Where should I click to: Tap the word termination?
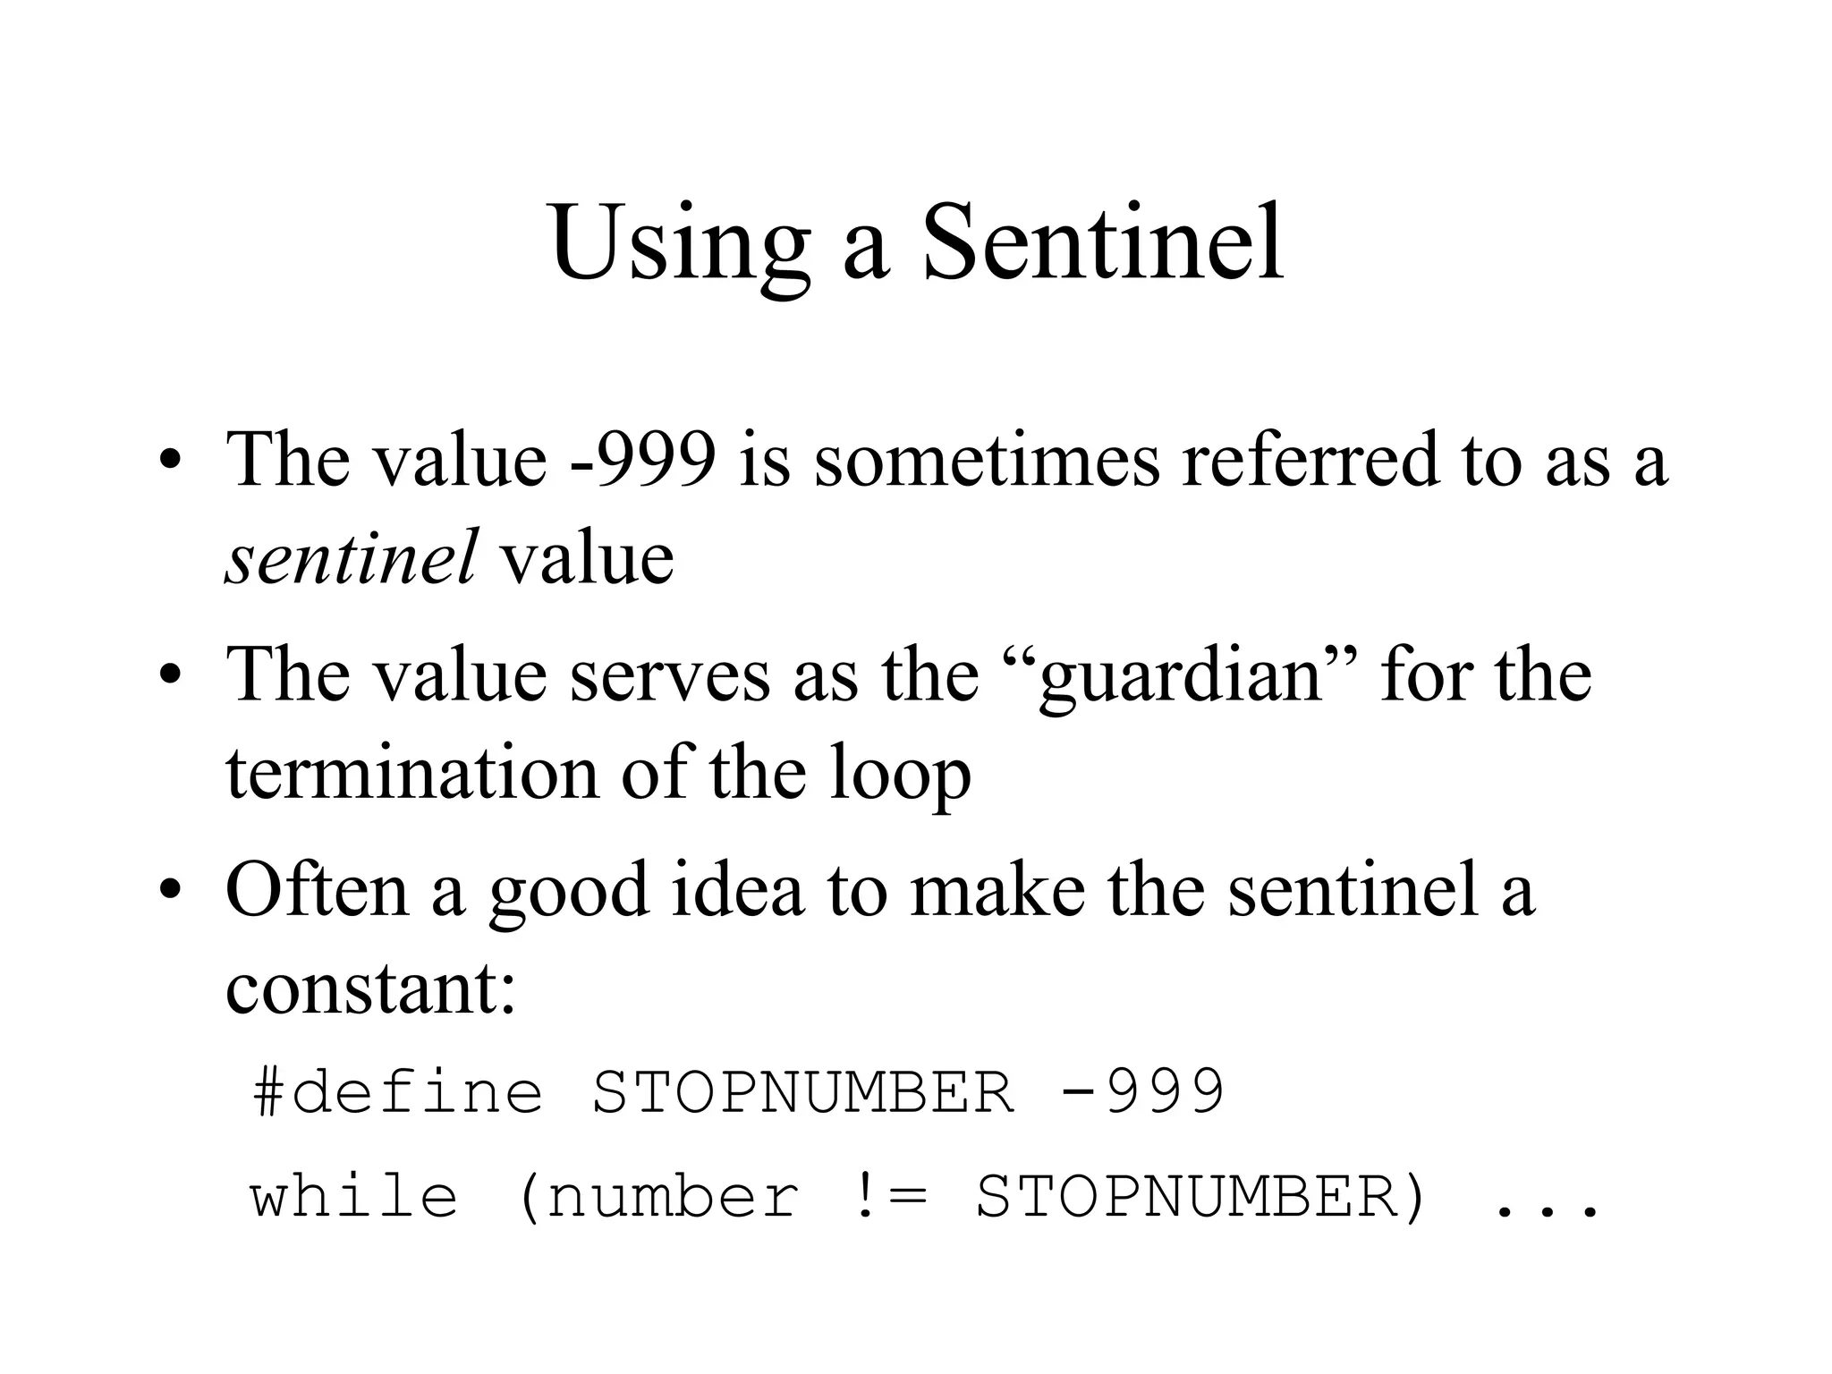coord(411,773)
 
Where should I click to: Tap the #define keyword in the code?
coord(398,1092)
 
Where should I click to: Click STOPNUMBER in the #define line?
coord(803,1092)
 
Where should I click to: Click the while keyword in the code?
coord(354,1197)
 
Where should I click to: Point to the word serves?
coord(669,676)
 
